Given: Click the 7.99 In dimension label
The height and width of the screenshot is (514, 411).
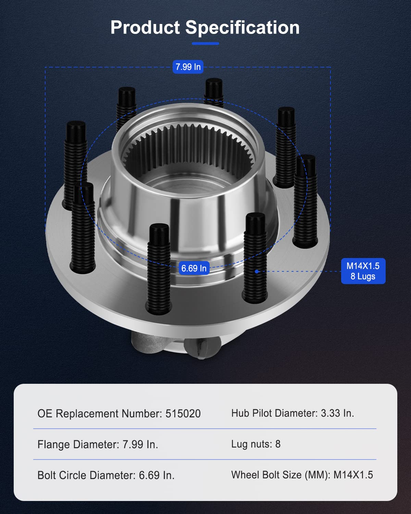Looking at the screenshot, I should [x=188, y=67].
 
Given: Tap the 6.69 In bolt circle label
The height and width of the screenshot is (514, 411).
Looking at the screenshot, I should [x=194, y=268].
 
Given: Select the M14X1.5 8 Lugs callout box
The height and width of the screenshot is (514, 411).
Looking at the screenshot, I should [x=363, y=271].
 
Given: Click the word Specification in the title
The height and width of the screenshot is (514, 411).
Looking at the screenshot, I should [x=242, y=27].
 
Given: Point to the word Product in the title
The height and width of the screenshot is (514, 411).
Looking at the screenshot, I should [x=145, y=27].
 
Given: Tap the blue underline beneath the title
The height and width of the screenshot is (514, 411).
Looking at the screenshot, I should [x=205, y=44].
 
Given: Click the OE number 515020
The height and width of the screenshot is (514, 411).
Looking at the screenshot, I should [x=183, y=414].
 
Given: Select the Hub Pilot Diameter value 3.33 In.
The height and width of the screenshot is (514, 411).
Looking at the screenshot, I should [x=337, y=413].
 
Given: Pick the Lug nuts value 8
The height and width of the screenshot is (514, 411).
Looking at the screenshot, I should [x=278, y=444].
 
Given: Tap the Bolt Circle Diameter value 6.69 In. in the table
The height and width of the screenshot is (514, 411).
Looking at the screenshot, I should [x=157, y=475].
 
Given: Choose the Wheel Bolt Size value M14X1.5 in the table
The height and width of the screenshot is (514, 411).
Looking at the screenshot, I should [x=353, y=475].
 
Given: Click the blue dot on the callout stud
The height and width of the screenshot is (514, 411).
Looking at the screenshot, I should [x=256, y=271].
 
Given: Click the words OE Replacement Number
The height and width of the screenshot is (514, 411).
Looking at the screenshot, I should [x=99, y=414].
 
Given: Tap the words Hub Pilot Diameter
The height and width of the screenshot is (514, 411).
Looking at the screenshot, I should [x=274, y=413].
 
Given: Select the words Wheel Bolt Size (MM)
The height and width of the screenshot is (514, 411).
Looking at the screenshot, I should [x=281, y=475].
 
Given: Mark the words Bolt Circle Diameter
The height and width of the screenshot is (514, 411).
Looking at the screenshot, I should [x=86, y=475].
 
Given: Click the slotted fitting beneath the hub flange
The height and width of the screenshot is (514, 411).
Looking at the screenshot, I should [x=202, y=348].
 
